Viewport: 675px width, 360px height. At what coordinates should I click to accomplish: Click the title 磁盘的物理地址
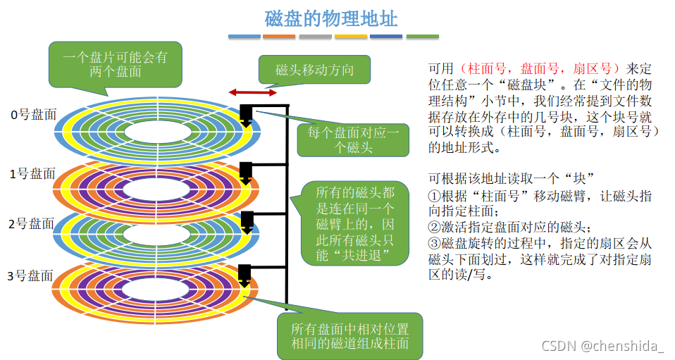331,18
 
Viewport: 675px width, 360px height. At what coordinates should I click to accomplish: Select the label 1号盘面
32,173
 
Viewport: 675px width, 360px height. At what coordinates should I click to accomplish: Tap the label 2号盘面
32,224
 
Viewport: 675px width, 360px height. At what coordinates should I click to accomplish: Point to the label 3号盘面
32,275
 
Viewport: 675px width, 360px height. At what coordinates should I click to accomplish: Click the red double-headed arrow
252,92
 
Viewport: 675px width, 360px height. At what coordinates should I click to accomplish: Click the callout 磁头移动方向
314,70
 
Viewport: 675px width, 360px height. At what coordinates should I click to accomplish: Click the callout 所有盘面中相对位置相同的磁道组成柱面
350,336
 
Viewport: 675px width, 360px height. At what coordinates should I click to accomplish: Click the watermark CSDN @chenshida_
602,346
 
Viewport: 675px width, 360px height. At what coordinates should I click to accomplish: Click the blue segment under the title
244,37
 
